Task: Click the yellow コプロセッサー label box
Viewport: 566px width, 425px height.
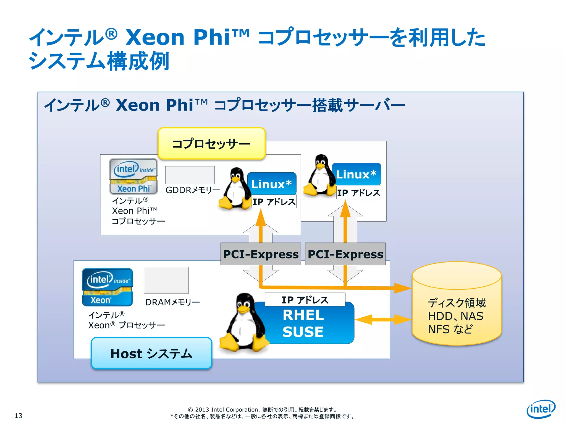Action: tap(211, 144)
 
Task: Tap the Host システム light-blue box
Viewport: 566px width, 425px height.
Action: tap(151, 353)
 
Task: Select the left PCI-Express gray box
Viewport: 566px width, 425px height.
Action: tap(260, 254)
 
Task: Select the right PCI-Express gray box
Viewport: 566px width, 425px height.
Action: tap(345, 254)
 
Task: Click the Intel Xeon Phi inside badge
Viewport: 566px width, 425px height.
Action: tap(133, 176)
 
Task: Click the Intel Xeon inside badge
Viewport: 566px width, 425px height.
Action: tap(108, 287)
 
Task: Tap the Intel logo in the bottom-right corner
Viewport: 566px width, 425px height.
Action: tap(541, 409)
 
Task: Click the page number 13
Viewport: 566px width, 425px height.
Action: tap(19, 416)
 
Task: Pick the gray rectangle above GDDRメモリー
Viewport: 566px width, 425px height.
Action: tap(190, 175)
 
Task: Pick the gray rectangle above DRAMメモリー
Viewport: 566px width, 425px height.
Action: tap(166, 280)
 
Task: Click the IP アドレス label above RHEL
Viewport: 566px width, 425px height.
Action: tap(305, 300)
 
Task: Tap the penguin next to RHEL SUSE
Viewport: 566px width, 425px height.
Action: tap(243, 324)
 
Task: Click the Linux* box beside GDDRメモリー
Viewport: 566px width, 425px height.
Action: tap(272, 184)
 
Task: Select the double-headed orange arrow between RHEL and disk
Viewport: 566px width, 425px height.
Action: tap(383, 320)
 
